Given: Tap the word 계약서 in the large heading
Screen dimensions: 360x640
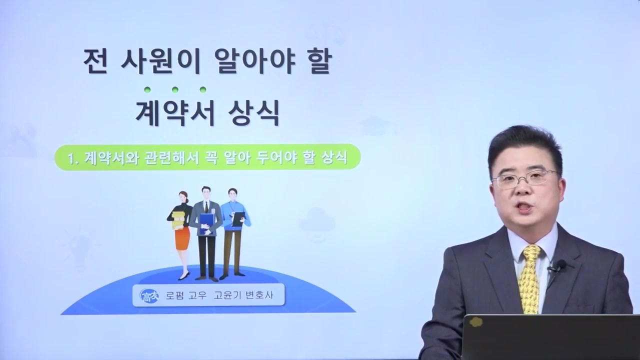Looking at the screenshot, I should [x=175, y=114].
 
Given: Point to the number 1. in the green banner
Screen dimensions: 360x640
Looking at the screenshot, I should [x=74, y=157].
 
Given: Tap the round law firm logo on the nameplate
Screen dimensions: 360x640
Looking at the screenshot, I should [x=149, y=295].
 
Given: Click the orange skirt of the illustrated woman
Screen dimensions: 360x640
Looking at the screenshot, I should [x=182, y=238].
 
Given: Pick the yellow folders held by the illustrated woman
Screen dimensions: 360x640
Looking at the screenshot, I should [x=178, y=219].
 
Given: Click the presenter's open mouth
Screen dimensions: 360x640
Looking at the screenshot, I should [x=525, y=207].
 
